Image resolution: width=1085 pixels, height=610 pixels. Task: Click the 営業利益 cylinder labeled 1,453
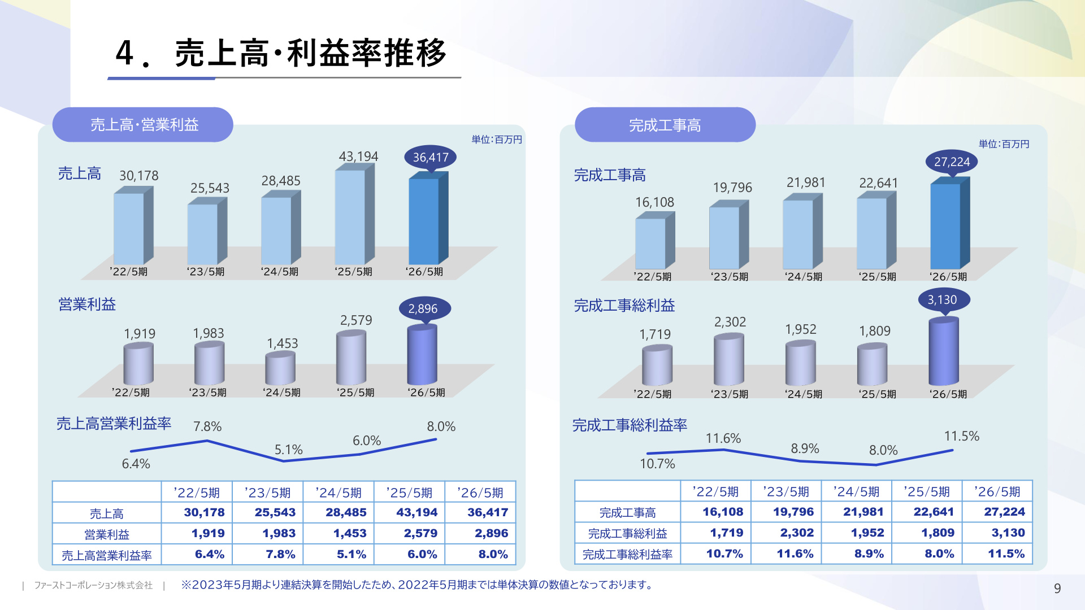[280, 368]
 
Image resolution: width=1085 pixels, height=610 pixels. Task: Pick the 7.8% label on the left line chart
[207, 426]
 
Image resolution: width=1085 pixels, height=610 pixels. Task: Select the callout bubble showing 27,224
[952, 162]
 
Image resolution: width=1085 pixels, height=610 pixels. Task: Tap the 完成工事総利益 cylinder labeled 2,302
[729, 359]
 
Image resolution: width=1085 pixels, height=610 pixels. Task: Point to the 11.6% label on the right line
[723, 438]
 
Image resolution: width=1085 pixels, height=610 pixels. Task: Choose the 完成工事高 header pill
[665, 125]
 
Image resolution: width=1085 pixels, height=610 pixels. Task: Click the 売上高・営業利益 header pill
[143, 125]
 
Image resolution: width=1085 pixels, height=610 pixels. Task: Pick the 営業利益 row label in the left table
[107, 534]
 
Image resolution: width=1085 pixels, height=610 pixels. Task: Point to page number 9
[1057, 589]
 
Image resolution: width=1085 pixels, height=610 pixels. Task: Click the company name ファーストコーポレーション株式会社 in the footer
[93, 585]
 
